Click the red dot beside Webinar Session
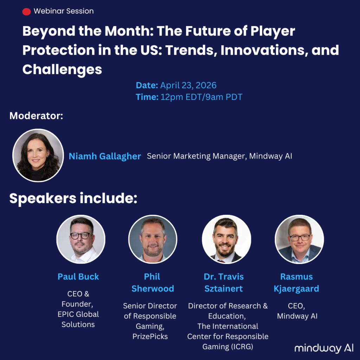click(x=26, y=12)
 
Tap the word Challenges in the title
click(x=62, y=70)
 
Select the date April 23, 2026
click(x=188, y=85)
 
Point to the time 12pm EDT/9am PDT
click(x=201, y=97)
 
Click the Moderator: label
click(x=36, y=116)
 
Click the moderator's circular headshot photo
click(x=38, y=155)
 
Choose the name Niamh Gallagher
click(x=105, y=156)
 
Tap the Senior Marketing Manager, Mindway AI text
click(x=219, y=156)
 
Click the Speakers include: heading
click(x=73, y=198)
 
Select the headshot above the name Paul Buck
click(x=81, y=239)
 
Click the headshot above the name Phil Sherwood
click(x=153, y=239)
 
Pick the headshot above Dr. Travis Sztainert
click(x=226, y=239)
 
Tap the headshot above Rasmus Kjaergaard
click(x=300, y=239)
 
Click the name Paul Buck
click(x=78, y=277)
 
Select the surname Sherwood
click(x=153, y=289)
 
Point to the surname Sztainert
click(x=224, y=289)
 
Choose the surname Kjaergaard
click(x=296, y=289)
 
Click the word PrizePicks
click(x=150, y=336)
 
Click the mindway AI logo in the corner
click(x=324, y=348)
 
